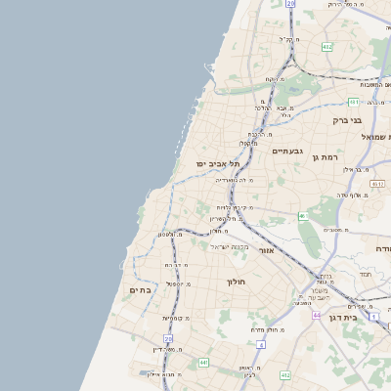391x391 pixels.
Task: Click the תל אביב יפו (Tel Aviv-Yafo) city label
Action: point(217,163)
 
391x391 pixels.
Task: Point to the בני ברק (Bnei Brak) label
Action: point(346,120)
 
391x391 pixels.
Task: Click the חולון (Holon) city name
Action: point(236,282)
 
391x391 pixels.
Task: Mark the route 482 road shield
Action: point(326,46)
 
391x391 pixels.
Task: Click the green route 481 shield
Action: point(353,102)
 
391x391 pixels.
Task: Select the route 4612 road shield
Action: point(376,183)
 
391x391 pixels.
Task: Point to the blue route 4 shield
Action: point(261,344)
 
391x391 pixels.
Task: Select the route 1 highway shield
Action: point(373,316)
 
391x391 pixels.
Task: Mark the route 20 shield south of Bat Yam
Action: point(168,338)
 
